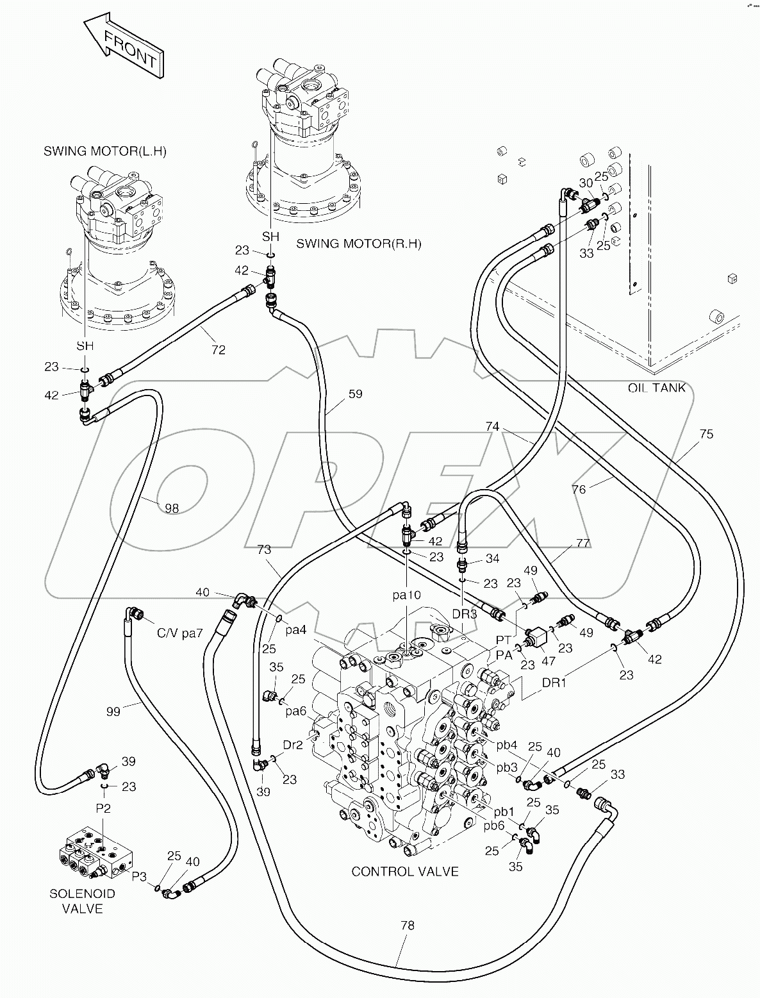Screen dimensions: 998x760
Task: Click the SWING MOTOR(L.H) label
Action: pyautogui.click(x=105, y=151)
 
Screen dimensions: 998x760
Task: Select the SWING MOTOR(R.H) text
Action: pyautogui.click(x=359, y=244)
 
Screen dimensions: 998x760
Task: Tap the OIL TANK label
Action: pyautogui.click(x=657, y=388)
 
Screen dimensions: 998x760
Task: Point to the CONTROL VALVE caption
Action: pyautogui.click(x=405, y=871)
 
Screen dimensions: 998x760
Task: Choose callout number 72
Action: pyautogui.click(x=219, y=350)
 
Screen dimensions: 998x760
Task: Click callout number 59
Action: pyautogui.click(x=355, y=394)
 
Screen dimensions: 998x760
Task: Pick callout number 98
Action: pyautogui.click(x=172, y=508)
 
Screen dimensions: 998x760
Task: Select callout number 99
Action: pyautogui.click(x=113, y=711)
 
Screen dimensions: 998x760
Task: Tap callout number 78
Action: pyautogui.click(x=408, y=925)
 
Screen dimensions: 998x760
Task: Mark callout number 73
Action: pyautogui.click(x=264, y=549)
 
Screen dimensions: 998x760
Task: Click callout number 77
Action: pyautogui.click(x=582, y=544)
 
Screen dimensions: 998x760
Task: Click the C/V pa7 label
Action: pyautogui.click(x=180, y=633)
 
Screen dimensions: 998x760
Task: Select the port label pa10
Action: pyautogui.click(x=407, y=595)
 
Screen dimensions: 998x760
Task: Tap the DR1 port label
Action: pyautogui.click(x=554, y=683)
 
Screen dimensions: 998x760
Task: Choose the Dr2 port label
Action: pyautogui.click(x=293, y=745)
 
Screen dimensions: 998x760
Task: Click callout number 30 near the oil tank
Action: pyautogui.click(x=586, y=183)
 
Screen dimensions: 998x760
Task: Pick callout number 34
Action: pyautogui.click(x=492, y=559)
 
